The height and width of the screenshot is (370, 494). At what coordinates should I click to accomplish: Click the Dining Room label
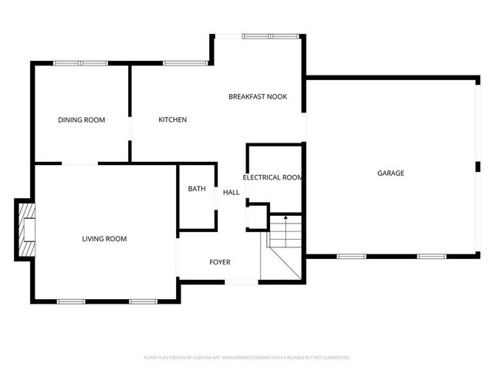click(x=82, y=120)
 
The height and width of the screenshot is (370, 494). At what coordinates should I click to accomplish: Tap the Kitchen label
click(x=172, y=120)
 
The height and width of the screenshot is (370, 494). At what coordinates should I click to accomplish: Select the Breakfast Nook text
click(x=258, y=97)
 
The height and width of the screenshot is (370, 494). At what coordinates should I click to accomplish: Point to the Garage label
click(x=391, y=173)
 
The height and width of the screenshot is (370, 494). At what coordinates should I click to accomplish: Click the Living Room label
click(x=104, y=239)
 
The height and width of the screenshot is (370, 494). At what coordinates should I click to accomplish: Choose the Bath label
click(x=197, y=189)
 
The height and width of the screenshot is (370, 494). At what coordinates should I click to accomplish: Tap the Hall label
click(x=231, y=193)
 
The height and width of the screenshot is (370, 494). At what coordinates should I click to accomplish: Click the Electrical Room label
click(x=272, y=178)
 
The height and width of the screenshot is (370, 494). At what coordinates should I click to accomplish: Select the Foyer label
click(x=220, y=263)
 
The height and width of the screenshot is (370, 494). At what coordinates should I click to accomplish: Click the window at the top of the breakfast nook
click(x=262, y=35)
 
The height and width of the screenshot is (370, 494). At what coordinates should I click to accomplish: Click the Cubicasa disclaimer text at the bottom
click(x=247, y=358)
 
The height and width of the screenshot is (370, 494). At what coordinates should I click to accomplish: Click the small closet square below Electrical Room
click(x=256, y=217)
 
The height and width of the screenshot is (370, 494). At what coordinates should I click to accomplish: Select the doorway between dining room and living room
click(x=80, y=163)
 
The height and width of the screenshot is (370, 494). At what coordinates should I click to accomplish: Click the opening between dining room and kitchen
click(x=130, y=128)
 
